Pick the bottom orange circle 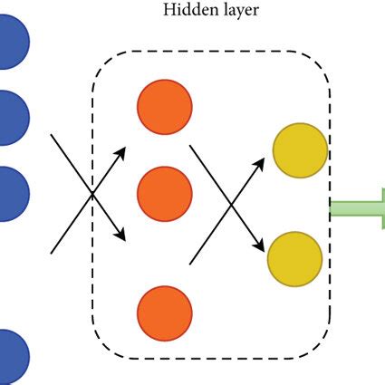[164, 313]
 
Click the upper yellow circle [300, 151]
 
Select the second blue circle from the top [9, 118]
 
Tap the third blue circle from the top [9, 193]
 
